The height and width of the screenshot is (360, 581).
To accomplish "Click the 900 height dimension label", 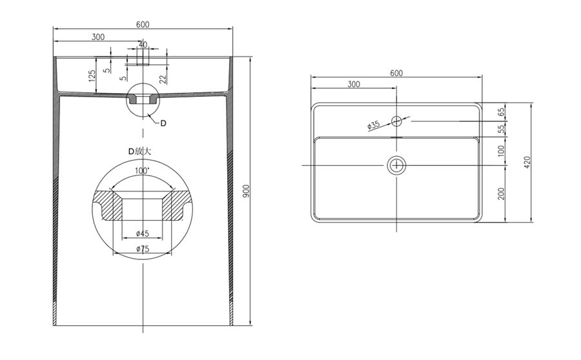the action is pyautogui.click(x=247, y=191).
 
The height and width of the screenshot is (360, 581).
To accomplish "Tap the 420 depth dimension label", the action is pyautogui.click(x=527, y=162).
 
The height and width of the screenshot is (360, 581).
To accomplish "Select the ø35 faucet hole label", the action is pyautogui.click(x=374, y=125).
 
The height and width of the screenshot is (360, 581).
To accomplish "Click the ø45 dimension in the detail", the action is pyautogui.click(x=143, y=234).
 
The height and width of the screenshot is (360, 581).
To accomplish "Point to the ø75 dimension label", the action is pyautogui.click(x=143, y=249).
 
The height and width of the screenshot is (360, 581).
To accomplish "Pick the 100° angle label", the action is pyautogui.click(x=142, y=171).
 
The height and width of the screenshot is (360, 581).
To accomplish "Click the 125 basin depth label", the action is pyautogui.click(x=92, y=75).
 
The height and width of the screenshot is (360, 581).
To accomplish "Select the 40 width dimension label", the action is pyautogui.click(x=143, y=45).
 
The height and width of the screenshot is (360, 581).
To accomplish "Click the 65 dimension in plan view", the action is pyautogui.click(x=502, y=112).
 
